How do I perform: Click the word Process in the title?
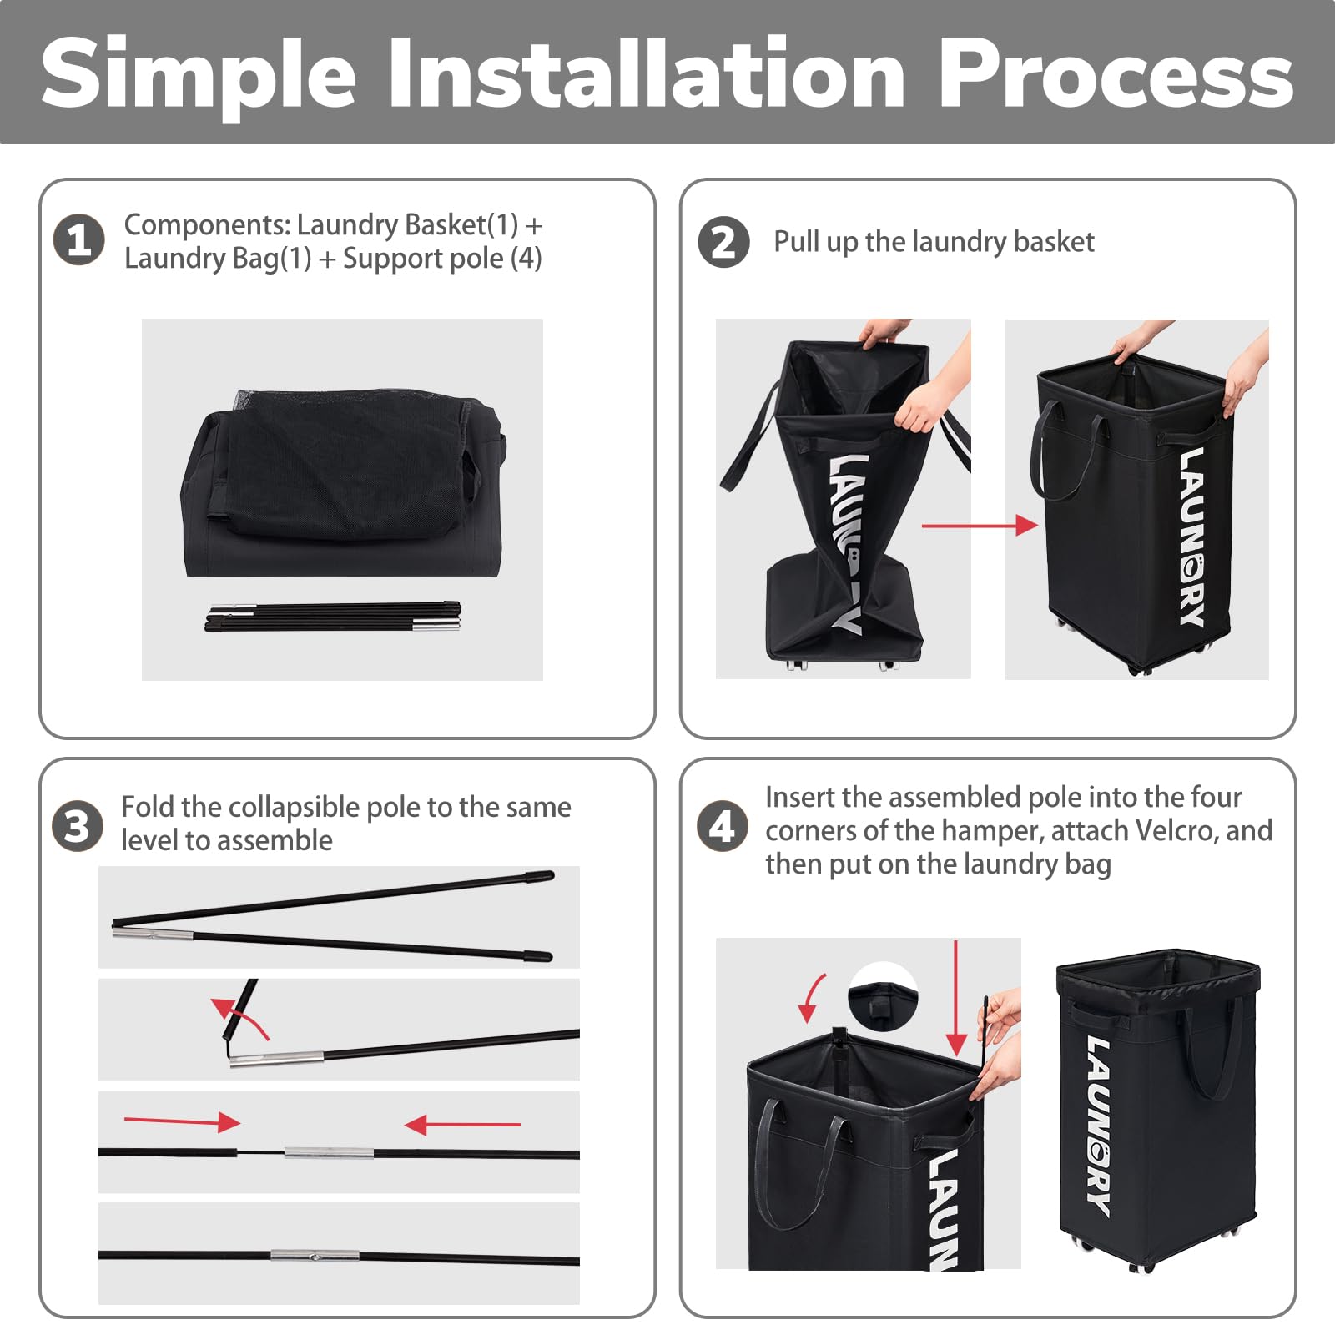[1116, 73]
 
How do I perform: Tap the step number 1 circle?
[79, 240]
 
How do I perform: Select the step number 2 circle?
[723, 242]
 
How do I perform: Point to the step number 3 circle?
[78, 826]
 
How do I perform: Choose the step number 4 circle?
[723, 826]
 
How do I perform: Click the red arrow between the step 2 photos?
[980, 525]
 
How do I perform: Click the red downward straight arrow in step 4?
[956, 998]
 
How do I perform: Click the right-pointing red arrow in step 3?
[182, 1121]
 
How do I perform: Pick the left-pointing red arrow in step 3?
[462, 1125]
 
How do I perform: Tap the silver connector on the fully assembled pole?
[315, 1254]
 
